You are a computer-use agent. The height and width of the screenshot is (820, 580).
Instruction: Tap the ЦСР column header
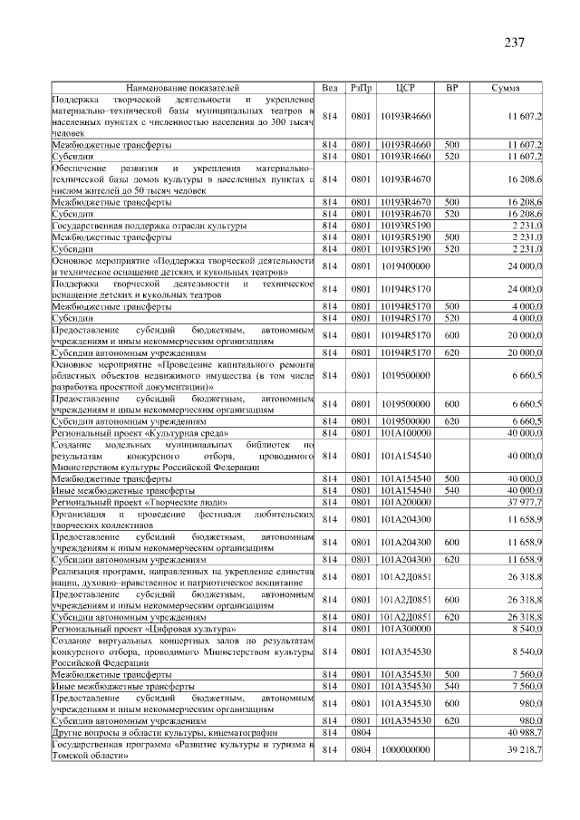coord(405,87)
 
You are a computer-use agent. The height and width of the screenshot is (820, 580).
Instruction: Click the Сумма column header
coord(505,87)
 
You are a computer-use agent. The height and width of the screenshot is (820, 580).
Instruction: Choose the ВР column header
coord(451,87)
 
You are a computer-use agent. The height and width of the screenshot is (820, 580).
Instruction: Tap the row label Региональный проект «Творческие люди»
coord(140,501)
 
